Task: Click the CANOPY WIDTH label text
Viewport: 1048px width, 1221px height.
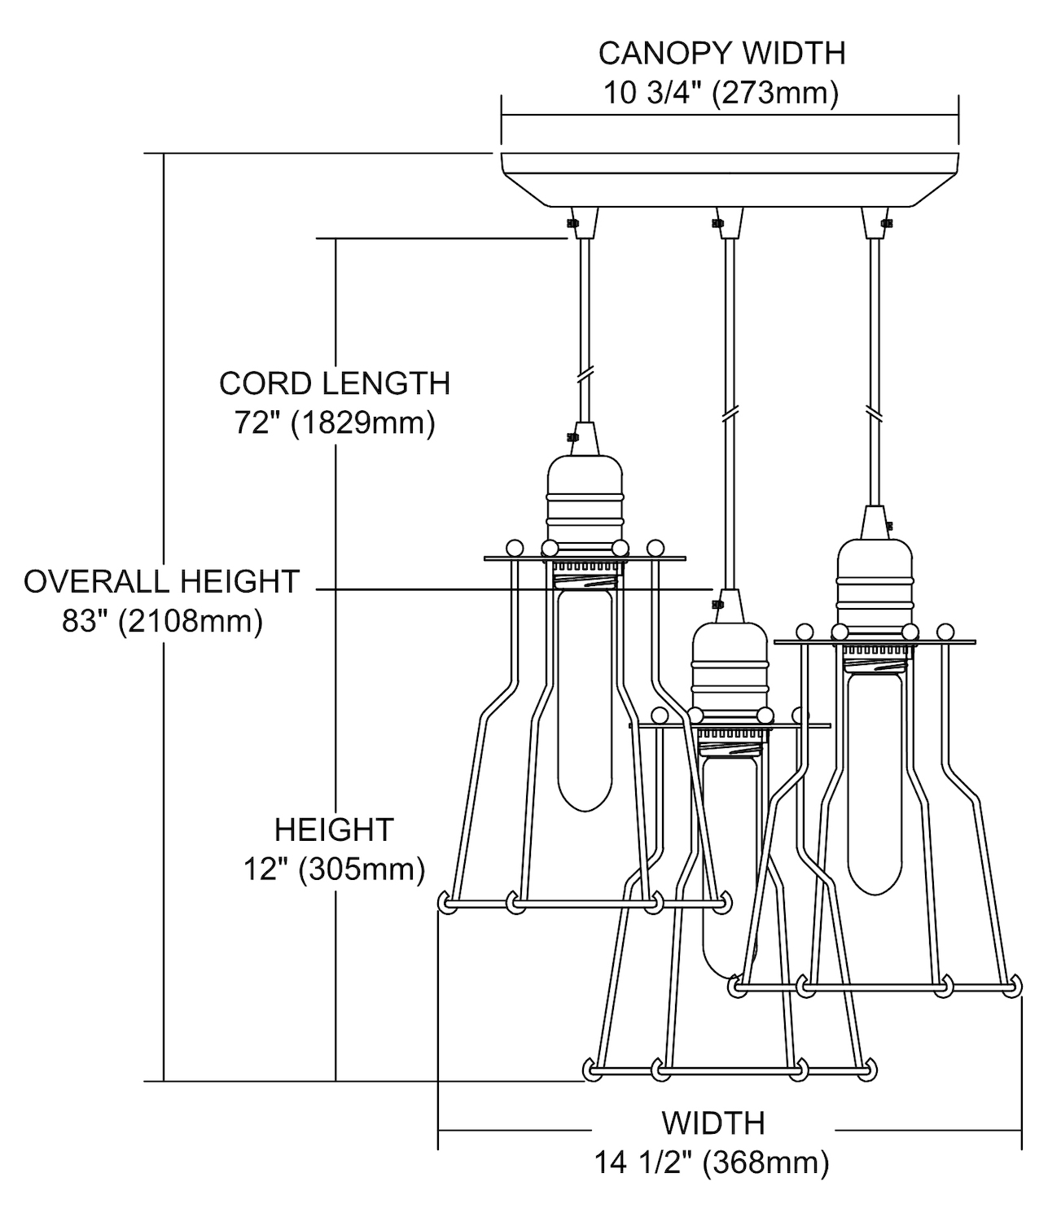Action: tap(721, 53)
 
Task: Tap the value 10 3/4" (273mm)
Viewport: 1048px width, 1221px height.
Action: tap(721, 93)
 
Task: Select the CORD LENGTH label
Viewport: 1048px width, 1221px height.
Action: tap(335, 383)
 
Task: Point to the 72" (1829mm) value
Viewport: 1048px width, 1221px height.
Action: tap(335, 423)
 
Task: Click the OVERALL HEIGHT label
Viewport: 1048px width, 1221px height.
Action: tap(162, 582)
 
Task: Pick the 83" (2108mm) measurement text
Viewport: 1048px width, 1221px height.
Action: tap(162, 622)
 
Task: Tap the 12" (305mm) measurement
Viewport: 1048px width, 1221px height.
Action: tap(335, 869)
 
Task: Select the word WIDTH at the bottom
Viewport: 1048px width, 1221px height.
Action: tap(713, 1123)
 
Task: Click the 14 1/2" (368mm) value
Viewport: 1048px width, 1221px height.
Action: tap(713, 1162)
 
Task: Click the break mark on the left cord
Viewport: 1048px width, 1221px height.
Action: tap(584, 377)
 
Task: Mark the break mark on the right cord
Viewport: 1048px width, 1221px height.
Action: tap(876, 413)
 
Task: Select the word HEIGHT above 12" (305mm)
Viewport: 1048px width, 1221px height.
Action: tap(335, 830)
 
